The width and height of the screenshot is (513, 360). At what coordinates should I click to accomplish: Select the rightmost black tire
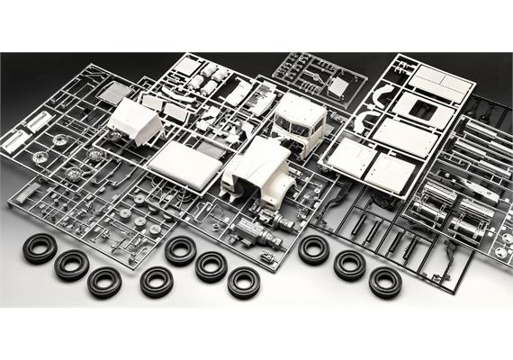[384, 281]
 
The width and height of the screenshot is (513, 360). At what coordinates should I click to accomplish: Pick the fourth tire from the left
[157, 281]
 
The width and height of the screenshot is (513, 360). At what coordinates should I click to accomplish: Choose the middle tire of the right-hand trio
[349, 265]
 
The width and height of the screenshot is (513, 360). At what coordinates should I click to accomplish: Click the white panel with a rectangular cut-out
[421, 105]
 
